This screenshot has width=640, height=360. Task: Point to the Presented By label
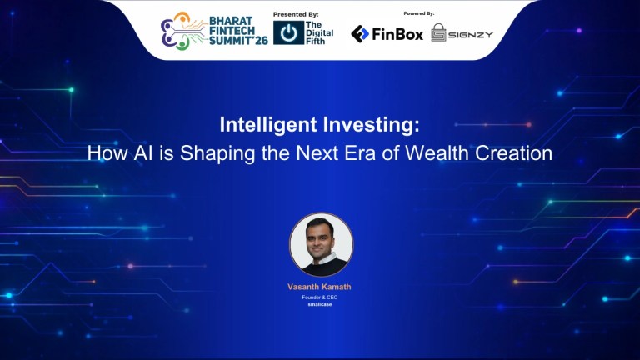click(296, 14)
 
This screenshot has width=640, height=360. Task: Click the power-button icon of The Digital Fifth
click(288, 33)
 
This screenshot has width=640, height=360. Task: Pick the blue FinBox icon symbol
click(360, 34)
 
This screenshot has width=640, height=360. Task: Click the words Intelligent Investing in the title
click(320, 126)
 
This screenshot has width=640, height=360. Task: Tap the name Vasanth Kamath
click(320, 287)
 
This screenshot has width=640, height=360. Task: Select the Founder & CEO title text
click(320, 297)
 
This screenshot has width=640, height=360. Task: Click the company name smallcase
click(320, 305)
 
